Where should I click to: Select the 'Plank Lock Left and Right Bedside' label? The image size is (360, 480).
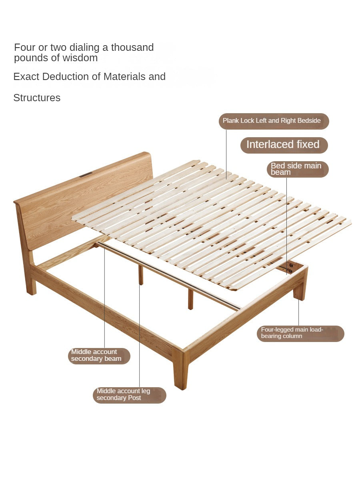tap(274, 121)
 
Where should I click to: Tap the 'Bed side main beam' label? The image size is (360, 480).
tap(298, 169)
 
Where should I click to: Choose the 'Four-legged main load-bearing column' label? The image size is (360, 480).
tap(300, 334)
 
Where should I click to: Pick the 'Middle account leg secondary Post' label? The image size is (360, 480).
tap(129, 395)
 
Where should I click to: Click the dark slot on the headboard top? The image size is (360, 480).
tap(86, 174)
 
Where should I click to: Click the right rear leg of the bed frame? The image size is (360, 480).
tap(300, 288)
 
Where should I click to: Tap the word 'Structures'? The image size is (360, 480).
tap(37, 98)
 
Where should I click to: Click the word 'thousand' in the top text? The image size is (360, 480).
tap(132, 48)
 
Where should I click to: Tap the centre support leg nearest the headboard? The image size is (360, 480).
tap(141, 275)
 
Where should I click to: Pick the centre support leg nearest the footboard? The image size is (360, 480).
tap(190, 299)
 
